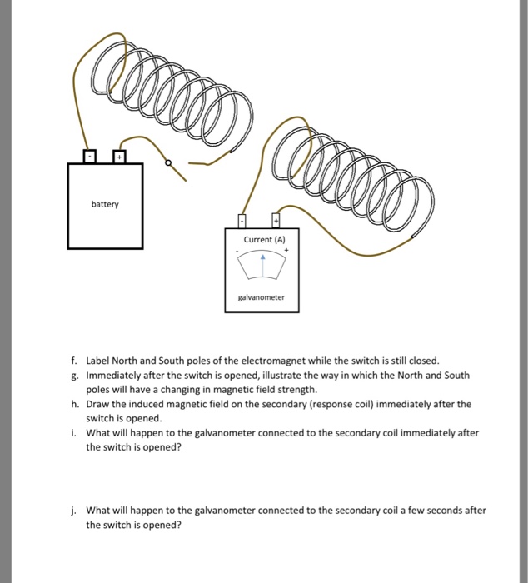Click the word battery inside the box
(x=105, y=204)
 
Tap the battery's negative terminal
(x=89, y=157)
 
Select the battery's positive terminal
(x=120, y=157)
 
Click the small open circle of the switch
(x=168, y=164)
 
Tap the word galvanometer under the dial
(x=262, y=296)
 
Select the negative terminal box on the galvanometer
(x=242, y=220)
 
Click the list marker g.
(x=73, y=376)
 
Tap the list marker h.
(x=73, y=404)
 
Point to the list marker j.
(x=73, y=511)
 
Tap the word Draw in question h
(x=97, y=404)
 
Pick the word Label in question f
(x=97, y=361)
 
